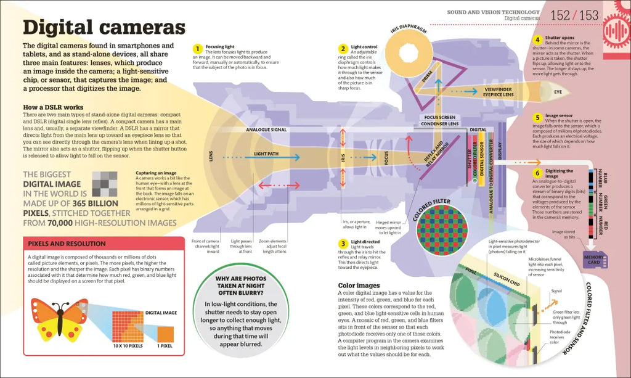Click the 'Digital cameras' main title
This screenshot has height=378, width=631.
coord(104,28)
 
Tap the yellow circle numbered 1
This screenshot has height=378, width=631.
coord(197,48)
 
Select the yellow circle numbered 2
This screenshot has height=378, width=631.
coord(343,48)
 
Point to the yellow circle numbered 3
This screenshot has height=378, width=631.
coord(343,244)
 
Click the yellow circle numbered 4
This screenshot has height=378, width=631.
coord(537,39)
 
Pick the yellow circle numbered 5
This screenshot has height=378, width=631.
coord(537,117)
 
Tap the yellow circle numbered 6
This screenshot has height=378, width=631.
coord(537,173)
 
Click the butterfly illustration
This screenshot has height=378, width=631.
coord(60,319)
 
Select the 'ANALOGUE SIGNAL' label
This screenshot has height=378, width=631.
coord(266,130)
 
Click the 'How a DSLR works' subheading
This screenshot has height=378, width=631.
coord(53,107)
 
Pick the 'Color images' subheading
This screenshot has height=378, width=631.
coord(359,286)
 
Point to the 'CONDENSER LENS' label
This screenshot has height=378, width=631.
coord(440,124)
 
